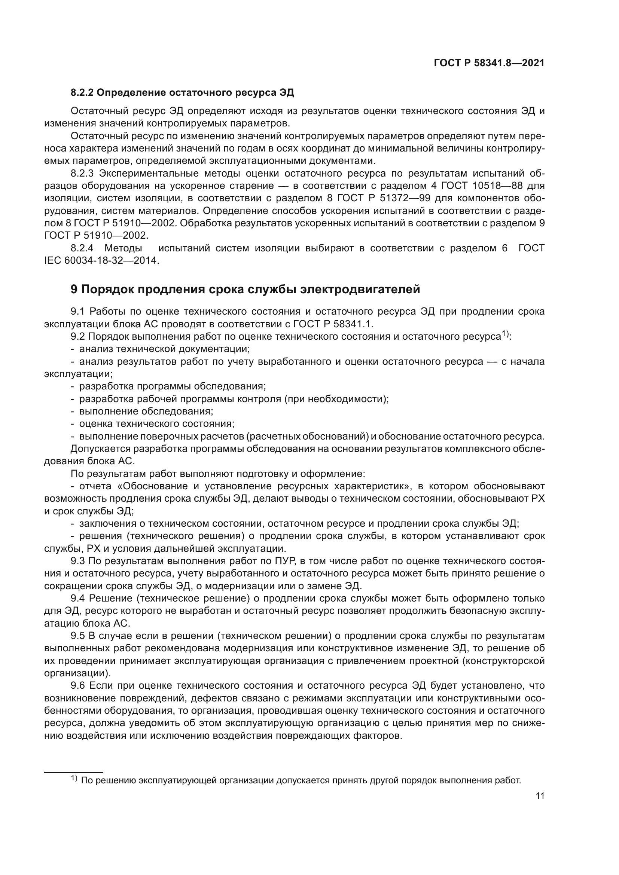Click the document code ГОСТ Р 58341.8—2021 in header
point(489,63)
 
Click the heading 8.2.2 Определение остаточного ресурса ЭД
point(182,93)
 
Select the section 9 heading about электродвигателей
point(245,289)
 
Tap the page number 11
point(540,796)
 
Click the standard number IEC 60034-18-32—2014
point(101,261)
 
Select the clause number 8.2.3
point(82,174)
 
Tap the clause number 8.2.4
point(82,248)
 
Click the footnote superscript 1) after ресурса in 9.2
point(505,334)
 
